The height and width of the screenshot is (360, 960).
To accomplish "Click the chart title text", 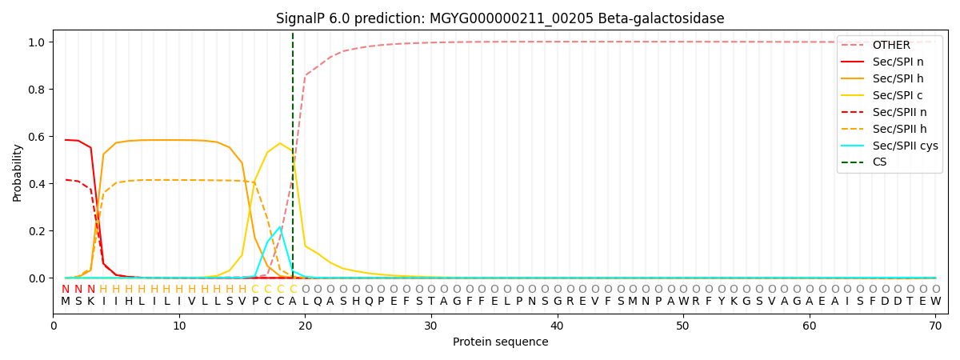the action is [x=500, y=18].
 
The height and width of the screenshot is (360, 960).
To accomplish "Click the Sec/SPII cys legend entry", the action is [x=890, y=146].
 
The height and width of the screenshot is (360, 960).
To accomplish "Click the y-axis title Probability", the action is [x=17, y=173].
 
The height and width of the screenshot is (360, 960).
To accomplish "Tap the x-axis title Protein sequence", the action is [x=501, y=342].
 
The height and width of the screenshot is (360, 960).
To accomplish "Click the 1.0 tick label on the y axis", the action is [x=37, y=42].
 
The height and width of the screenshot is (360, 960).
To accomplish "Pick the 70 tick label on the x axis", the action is [x=935, y=326].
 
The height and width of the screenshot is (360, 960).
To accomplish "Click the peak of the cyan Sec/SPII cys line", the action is [x=280, y=226].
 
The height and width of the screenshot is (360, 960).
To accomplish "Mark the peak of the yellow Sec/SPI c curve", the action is [x=280, y=143].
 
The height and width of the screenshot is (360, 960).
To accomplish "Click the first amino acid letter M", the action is [x=66, y=302].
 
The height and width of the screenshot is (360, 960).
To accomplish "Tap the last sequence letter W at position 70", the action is [x=936, y=302].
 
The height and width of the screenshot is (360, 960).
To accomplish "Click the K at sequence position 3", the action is [x=91, y=302].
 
